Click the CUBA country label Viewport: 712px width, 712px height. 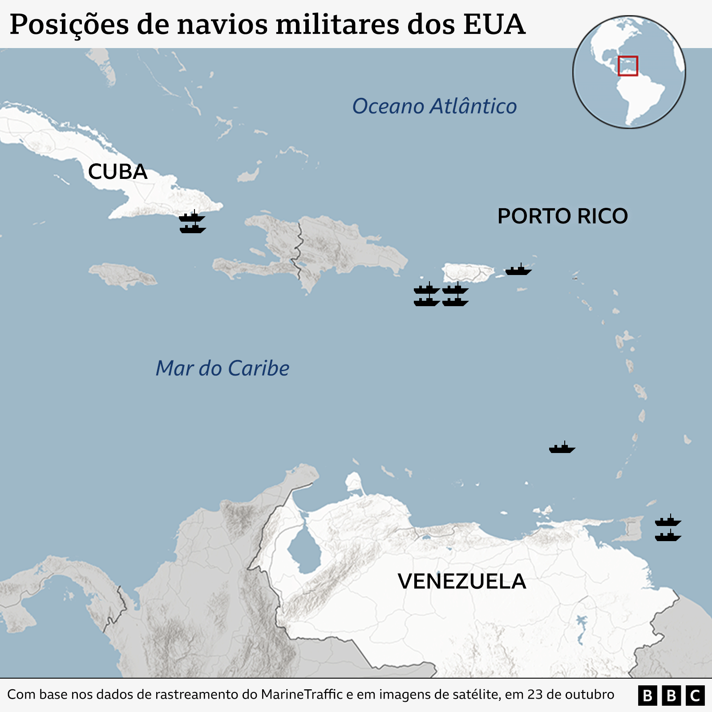point(117,172)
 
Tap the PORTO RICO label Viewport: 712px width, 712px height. point(562,216)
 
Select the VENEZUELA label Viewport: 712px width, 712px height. point(462,582)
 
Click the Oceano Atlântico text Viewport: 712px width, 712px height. point(434,106)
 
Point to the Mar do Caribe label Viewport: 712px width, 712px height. point(222,368)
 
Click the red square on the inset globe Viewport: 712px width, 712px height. point(628,66)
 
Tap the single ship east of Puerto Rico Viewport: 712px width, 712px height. point(518,270)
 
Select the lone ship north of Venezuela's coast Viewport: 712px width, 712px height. point(562,448)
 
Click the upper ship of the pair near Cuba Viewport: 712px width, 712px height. point(192,217)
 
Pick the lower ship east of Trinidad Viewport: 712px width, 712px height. point(668,536)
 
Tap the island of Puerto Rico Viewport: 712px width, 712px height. point(467,272)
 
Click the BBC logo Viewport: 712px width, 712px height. point(671,695)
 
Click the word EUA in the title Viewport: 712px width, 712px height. point(494,24)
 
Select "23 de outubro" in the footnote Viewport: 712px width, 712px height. point(570,695)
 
